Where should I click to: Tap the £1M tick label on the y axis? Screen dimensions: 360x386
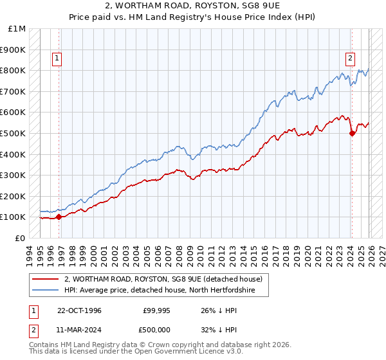17,29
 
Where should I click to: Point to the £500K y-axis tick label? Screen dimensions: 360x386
14,133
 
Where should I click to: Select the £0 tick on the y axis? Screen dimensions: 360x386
20,238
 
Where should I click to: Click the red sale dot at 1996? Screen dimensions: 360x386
59,217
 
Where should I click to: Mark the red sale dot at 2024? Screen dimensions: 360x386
352,133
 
